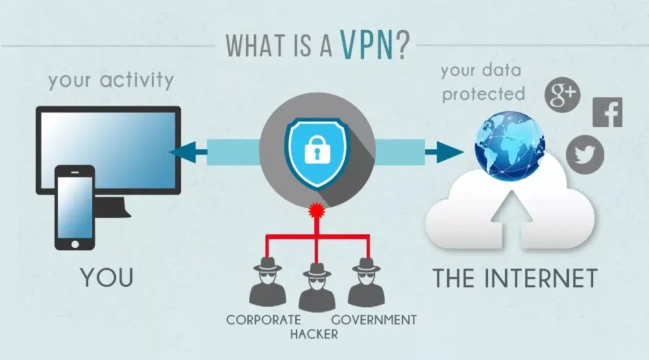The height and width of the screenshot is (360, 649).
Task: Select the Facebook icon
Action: pyautogui.click(x=607, y=112)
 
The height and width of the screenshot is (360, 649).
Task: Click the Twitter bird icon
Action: pyautogui.click(x=585, y=155)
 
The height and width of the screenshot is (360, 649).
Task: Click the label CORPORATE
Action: pyautogui.click(x=263, y=320)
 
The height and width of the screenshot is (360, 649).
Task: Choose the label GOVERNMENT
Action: pyautogui.click(x=374, y=320)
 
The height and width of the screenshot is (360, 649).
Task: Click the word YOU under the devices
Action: pyautogui.click(x=107, y=277)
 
